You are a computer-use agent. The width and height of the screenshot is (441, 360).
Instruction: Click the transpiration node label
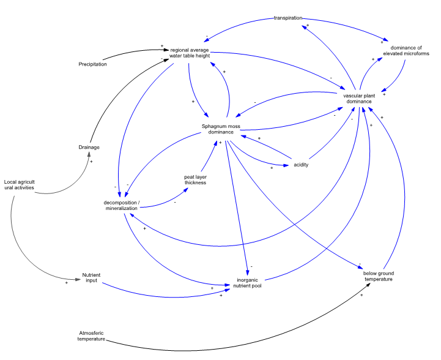[287, 18]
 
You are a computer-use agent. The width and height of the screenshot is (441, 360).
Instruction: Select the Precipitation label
[94, 64]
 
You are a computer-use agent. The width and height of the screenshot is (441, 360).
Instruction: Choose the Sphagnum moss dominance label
[219, 129]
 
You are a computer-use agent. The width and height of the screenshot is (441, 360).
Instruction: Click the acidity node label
[300, 165]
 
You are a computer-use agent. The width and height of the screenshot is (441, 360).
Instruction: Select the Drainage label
[89, 147]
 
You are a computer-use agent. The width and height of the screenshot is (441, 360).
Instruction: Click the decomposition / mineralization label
[123, 205]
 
